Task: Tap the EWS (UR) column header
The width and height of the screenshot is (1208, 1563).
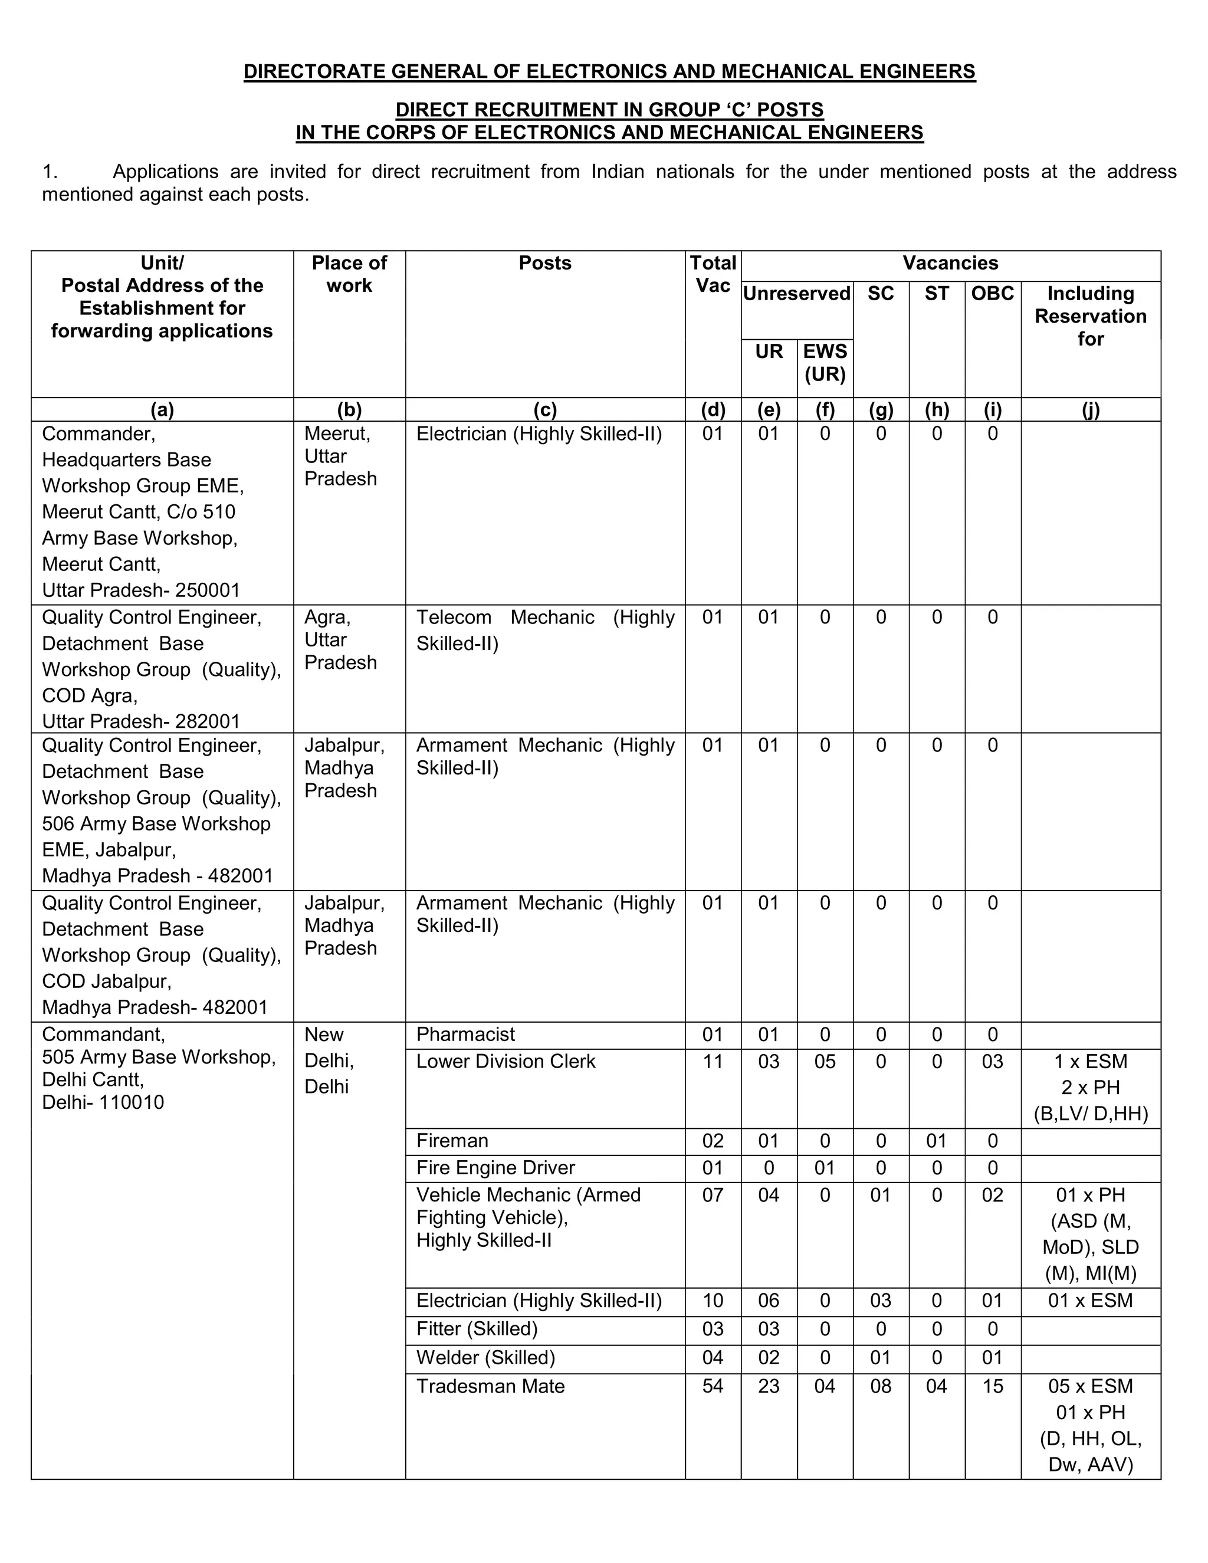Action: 825,363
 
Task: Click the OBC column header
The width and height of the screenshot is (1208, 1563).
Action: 993,293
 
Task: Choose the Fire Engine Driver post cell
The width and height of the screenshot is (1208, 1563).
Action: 495,1168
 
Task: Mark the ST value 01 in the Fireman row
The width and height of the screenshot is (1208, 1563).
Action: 936,1141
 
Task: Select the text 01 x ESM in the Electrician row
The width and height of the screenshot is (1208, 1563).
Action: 1090,1301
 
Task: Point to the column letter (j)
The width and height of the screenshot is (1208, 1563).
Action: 1090,410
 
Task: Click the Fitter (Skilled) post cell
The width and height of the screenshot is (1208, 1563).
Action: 477,1329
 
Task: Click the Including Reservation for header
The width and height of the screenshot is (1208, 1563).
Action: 1090,316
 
